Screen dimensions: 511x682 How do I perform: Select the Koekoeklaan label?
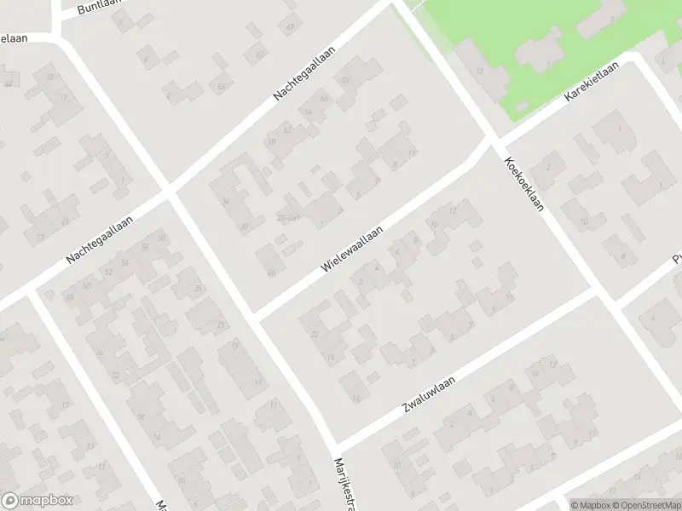[x=525, y=189]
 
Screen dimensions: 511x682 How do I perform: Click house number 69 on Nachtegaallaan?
[x=345, y=80]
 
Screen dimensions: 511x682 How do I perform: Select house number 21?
[x=223, y=325]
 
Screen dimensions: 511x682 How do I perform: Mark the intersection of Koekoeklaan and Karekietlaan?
[x=494, y=140]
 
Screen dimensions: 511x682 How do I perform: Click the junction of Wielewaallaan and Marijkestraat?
[x=254, y=315]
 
